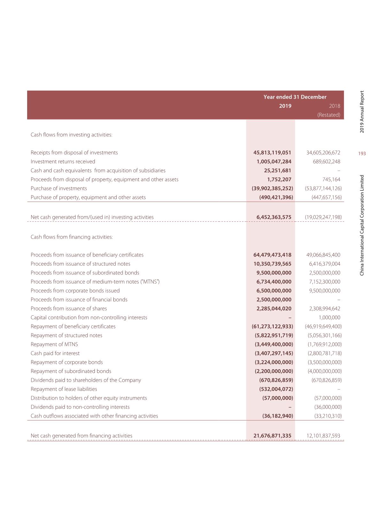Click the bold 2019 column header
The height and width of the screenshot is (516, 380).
pyautogui.click(x=285, y=106)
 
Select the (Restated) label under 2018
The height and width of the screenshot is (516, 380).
pyautogui.click(x=329, y=115)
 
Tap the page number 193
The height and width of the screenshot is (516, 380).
pyautogui.click(x=362, y=154)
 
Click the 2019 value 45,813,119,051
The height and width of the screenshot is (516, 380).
pyautogui.click(x=272, y=153)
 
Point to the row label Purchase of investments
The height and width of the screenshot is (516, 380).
pyautogui.click(x=59, y=189)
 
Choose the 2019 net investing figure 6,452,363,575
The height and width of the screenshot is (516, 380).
pyautogui.click(x=274, y=217)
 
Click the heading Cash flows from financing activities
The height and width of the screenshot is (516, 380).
pyautogui.click(x=72, y=237)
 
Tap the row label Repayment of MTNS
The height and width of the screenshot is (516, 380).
pyautogui.click(x=54, y=344)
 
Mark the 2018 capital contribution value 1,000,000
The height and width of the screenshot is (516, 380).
pyautogui.click(x=330, y=318)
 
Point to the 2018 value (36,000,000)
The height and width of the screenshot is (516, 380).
pyautogui.click(x=328, y=407)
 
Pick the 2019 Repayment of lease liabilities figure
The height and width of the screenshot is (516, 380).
pyautogui.click(x=276, y=389)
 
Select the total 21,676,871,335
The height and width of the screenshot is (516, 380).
pyautogui.click(x=272, y=436)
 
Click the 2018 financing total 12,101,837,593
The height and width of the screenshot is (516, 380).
pyautogui.click(x=323, y=436)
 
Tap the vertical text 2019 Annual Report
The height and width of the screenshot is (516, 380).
pyautogui.click(x=362, y=112)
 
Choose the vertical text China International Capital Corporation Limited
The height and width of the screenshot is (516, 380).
pyautogui.click(x=362, y=225)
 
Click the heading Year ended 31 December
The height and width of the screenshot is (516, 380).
pyautogui.click(x=295, y=97)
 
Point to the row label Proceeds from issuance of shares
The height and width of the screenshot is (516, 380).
pyautogui.click(x=69, y=309)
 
